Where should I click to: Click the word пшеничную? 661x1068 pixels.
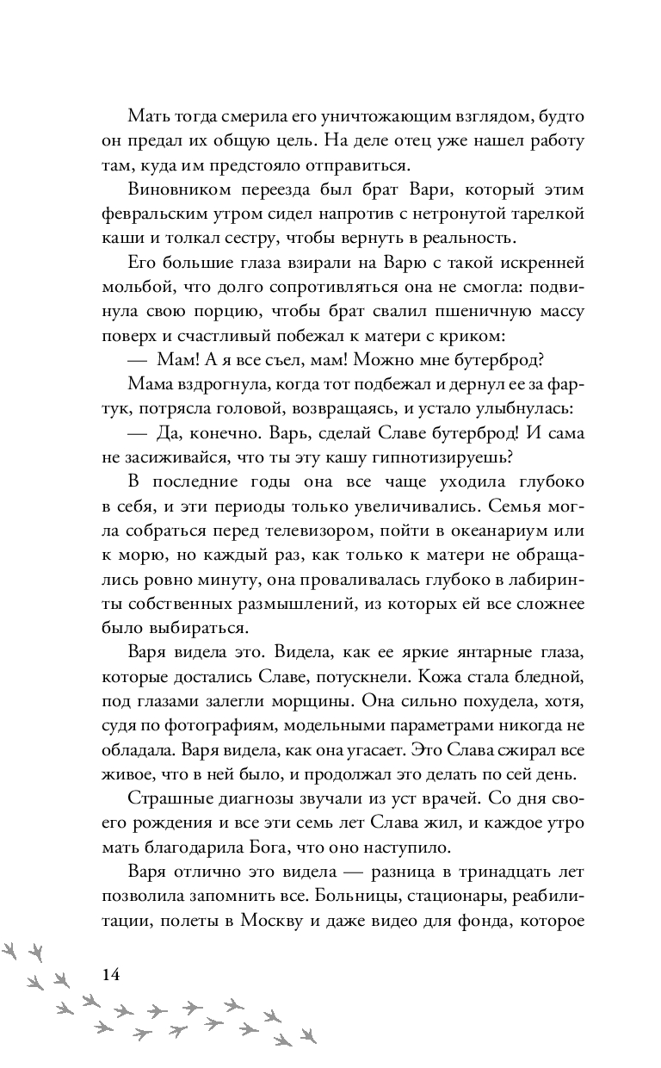coord(453,310)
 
